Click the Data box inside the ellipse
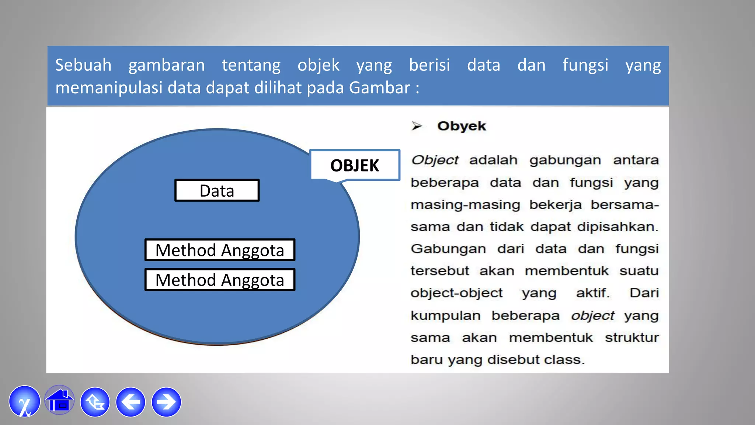pyautogui.click(x=217, y=190)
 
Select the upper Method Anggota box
pyautogui.click(x=220, y=250)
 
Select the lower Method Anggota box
pyautogui.click(x=220, y=280)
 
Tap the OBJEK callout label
pyautogui.click(x=355, y=165)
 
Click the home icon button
pyautogui.click(x=59, y=401)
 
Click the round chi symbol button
pyautogui.click(x=24, y=401)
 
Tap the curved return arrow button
pyautogui.click(x=95, y=402)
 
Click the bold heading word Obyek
pyautogui.click(x=462, y=126)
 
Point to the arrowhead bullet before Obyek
pyautogui.click(x=417, y=126)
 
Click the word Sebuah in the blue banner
pyautogui.click(x=83, y=65)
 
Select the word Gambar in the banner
pyautogui.click(x=379, y=88)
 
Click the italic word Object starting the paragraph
pyautogui.click(x=435, y=160)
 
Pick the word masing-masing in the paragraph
pyautogui.click(x=465, y=205)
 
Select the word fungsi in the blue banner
pyautogui.click(x=585, y=65)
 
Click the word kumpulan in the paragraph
pyautogui.click(x=445, y=316)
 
